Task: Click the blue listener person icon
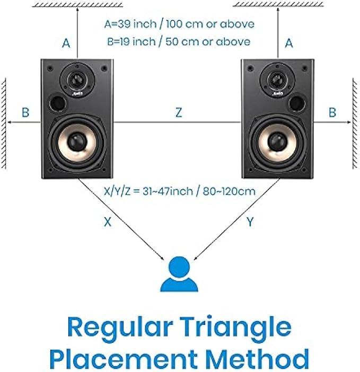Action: click(x=179, y=274)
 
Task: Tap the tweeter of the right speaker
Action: click(x=276, y=80)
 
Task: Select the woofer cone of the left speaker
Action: click(x=76, y=141)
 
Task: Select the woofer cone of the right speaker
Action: click(x=276, y=141)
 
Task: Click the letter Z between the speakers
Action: click(x=179, y=112)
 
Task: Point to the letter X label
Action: click(x=108, y=222)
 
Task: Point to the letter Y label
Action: click(x=250, y=222)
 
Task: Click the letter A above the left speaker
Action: click(x=66, y=44)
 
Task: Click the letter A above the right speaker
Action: click(x=289, y=44)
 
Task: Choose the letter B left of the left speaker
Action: click(x=25, y=112)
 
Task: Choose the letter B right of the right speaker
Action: click(x=332, y=112)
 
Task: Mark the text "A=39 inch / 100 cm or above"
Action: click(x=179, y=24)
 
